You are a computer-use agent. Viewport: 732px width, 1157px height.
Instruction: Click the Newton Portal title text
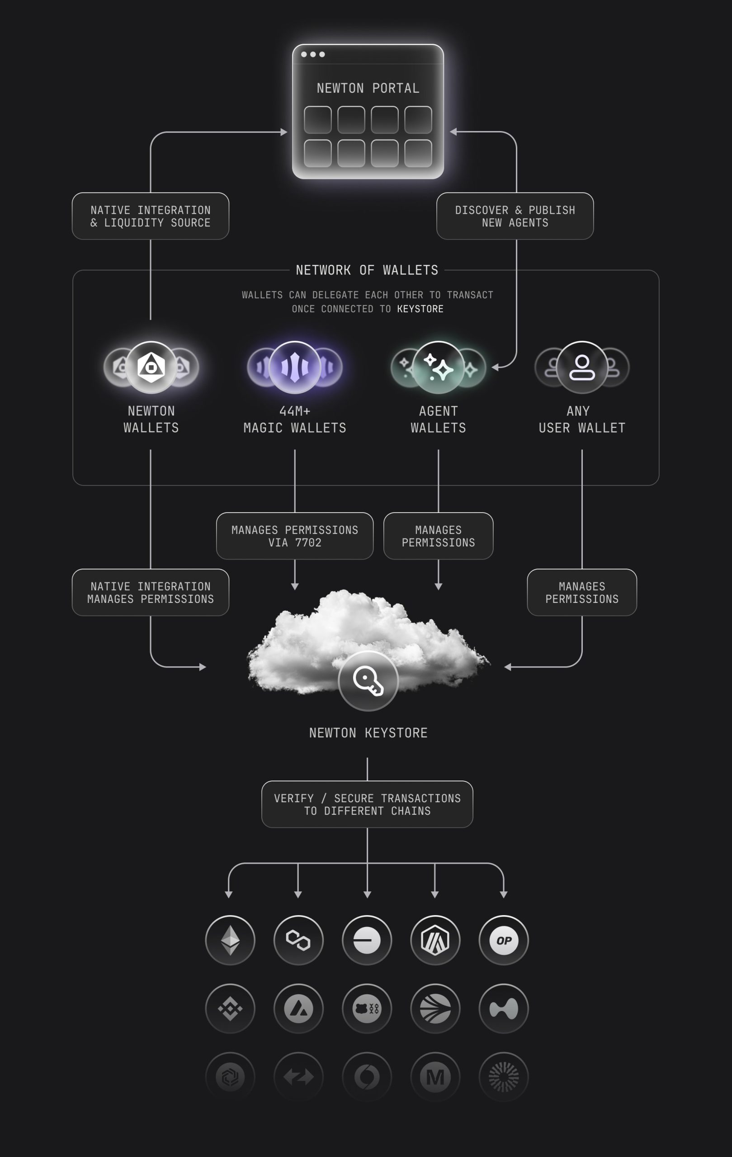(x=368, y=88)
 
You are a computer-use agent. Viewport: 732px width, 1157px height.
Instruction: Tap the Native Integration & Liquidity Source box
(x=151, y=216)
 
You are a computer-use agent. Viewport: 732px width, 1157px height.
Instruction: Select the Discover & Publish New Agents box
(x=515, y=216)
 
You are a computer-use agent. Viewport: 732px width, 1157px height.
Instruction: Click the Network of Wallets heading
(x=367, y=270)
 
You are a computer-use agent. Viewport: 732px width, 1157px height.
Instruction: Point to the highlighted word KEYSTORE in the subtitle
(x=420, y=309)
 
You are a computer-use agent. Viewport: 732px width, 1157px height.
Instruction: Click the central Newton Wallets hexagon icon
(x=151, y=367)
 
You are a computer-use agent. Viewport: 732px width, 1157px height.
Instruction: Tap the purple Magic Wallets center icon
(x=295, y=367)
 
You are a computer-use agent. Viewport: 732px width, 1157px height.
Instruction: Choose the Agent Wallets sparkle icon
(x=438, y=367)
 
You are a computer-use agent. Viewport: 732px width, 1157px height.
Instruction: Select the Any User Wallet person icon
(x=581, y=367)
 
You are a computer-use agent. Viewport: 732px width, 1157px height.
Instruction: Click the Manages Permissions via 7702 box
(x=295, y=536)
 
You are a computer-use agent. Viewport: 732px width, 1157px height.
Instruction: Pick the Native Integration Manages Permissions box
(x=151, y=593)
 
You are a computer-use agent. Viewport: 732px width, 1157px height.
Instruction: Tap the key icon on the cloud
(x=368, y=681)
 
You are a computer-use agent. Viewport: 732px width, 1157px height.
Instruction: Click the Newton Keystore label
(x=368, y=733)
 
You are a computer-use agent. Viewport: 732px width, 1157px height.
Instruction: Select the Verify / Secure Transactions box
(x=367, y=804)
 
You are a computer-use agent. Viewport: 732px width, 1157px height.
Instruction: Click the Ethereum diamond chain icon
(x=230, y=941)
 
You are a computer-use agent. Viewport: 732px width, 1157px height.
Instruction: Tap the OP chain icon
(x=504, y=941)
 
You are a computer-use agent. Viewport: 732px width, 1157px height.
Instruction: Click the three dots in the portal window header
(x=313, y=54)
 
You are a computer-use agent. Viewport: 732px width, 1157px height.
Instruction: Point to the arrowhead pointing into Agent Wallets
(x=495, y=367)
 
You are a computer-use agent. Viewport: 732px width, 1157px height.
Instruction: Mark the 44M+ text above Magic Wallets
(x=295, y=411)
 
